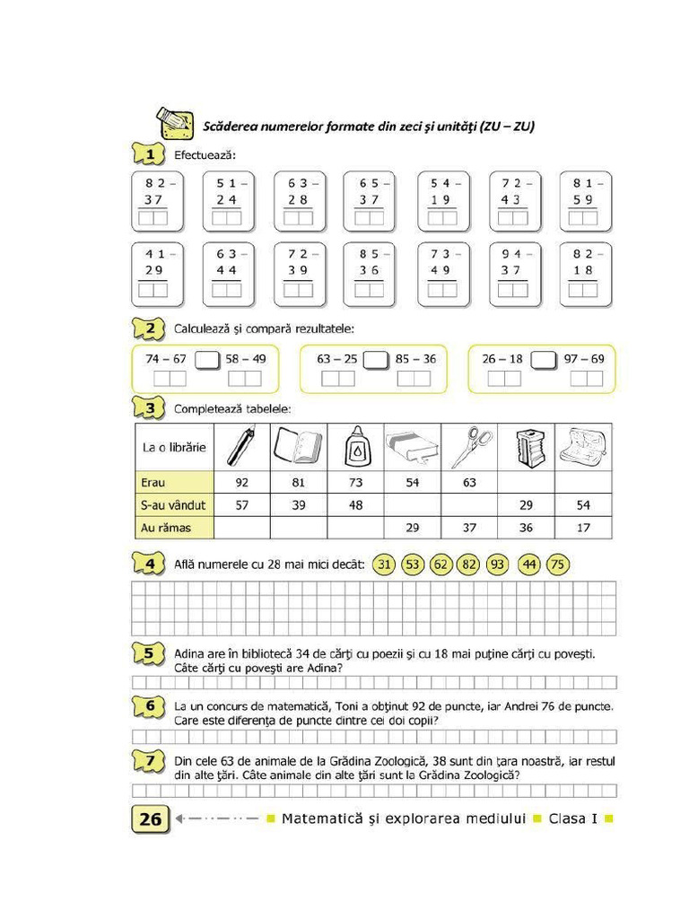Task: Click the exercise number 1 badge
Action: pyautogui.click(x=149, y=154)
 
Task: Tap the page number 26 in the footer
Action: pyautogui.click(x=151, y=818)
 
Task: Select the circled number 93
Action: pyautogui.click(x=498, y=565)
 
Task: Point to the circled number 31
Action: pyautogui.click(x=384, y=565)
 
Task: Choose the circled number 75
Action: pyautogui.click(x=557, y=565)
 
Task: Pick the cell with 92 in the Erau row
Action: pyautogui.click(x=241, y=483)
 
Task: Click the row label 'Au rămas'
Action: pyautogui.click(x=166, y=528)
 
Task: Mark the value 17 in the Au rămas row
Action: pyautogui.click(x=584, y=528)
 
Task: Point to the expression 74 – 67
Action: pyautogui.click(x=166, y=359)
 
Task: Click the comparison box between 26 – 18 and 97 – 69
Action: pyautogui.click(x=544, y=360)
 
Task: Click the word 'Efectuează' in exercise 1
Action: pyautogui.click(x=205, y=155)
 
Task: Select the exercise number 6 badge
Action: pyautogui.click(x=149, y=706)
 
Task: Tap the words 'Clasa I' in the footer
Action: pyautogui.click(x=574, y=818)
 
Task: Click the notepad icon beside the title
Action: pyautogui.click(x=175, y=124)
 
